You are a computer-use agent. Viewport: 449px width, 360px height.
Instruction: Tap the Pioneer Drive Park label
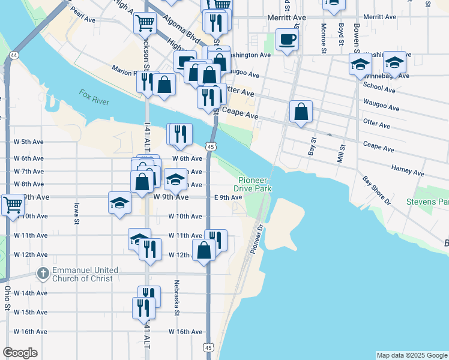point(255,184)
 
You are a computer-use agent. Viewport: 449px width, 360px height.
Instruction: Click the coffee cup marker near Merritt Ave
point(287,40)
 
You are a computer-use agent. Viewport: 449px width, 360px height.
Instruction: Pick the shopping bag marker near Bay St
point(301,112)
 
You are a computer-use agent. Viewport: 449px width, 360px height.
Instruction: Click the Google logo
point(20,352)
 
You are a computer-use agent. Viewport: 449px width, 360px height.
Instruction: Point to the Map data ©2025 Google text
point(411,355)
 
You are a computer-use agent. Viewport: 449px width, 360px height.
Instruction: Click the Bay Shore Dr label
point(376,190)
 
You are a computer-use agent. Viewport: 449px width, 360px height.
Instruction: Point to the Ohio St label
point(7,298)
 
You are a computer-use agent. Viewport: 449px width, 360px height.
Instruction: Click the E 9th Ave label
point(228,197)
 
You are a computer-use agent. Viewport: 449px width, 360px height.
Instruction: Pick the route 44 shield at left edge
point(13,55)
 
